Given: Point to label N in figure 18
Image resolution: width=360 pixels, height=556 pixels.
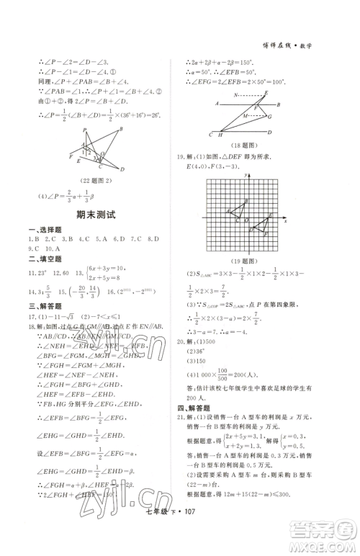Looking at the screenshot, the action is [x=235, y=95].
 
